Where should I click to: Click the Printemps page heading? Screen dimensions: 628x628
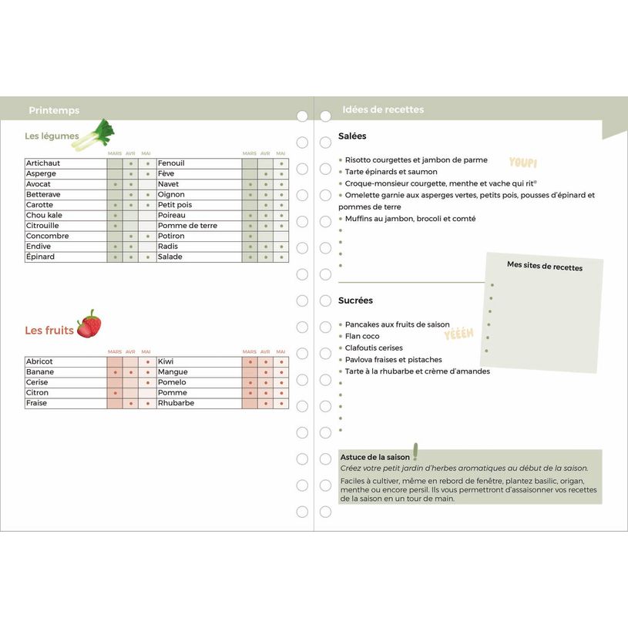(54, 110)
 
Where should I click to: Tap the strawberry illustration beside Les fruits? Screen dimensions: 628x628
(89, 324)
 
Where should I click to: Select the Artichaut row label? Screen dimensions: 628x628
(43, 163)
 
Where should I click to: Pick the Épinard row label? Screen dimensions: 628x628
(41, 257)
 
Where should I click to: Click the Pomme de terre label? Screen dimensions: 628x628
(187, 226)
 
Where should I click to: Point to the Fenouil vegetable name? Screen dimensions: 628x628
(171, 163)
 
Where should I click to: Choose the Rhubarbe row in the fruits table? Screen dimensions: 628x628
(176, 403)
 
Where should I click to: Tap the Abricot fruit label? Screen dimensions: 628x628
(39, 361)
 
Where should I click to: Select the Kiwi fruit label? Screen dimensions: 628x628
(166, 361)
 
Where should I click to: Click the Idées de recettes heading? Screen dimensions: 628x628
(383, 109)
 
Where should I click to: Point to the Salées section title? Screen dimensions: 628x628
(352, 136)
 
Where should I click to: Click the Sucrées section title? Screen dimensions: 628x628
(355, 301)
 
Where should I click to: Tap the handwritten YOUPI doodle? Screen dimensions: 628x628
(523, 163)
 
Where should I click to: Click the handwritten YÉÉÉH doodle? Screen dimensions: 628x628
(458, 334)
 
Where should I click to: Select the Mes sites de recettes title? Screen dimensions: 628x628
(545, 267)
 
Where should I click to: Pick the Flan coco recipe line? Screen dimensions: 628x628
(362, 336)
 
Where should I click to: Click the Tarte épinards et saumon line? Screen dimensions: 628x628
(391, 172)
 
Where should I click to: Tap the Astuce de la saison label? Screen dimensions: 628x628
(375, 457)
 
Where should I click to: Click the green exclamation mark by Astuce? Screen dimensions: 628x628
(415, 451)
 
